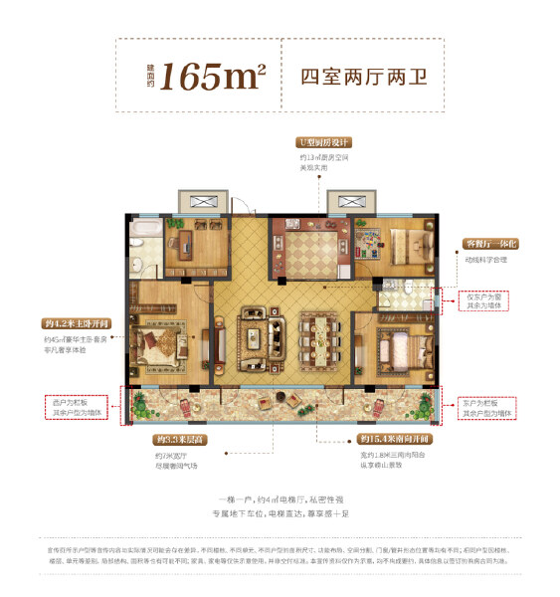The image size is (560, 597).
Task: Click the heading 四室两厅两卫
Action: (x=362, y=76)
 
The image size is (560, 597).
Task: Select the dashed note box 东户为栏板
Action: (x=488, y=407)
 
